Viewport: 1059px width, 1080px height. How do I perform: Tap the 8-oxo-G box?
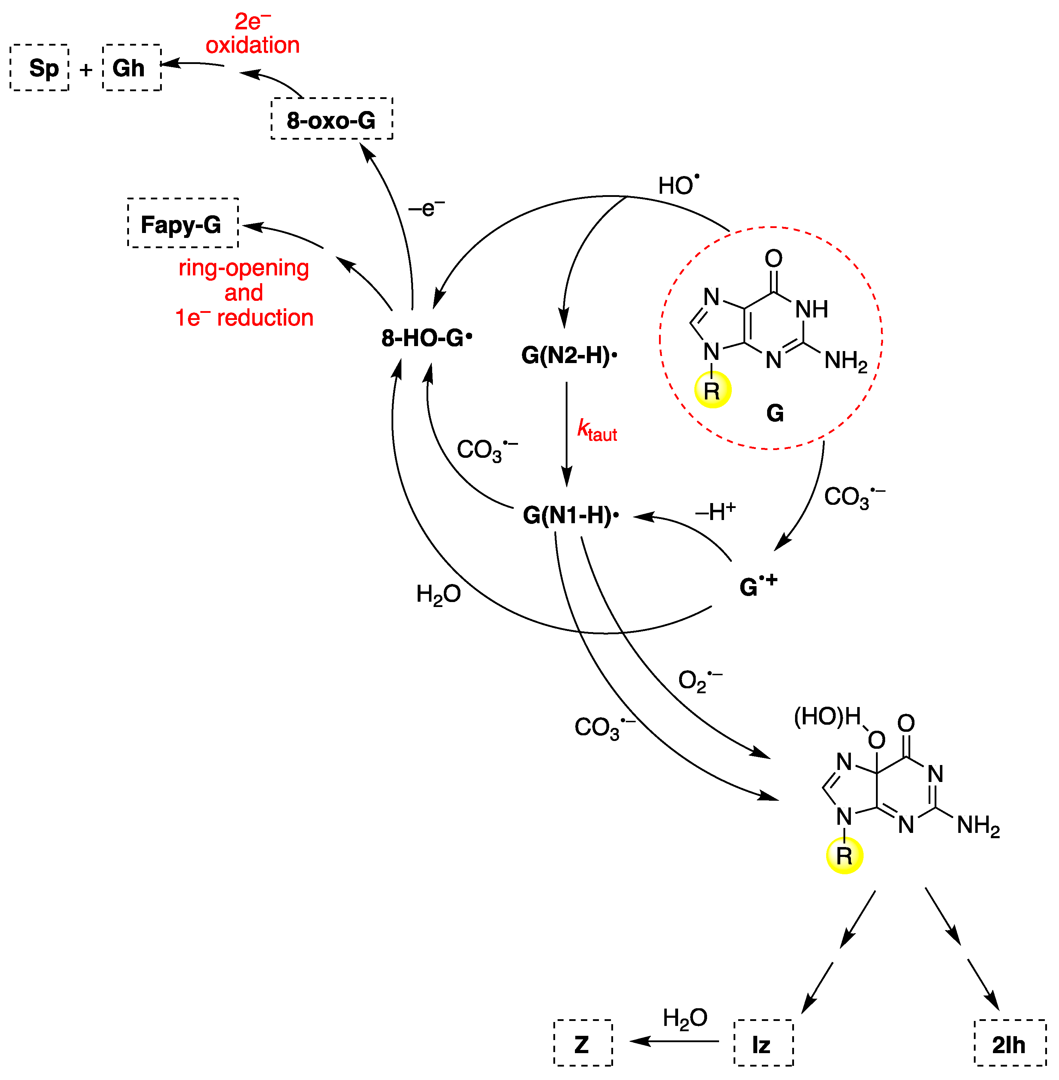coord(331,119)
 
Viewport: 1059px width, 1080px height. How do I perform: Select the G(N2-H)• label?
coord(569,355)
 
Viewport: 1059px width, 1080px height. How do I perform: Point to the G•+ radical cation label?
coord(758,586)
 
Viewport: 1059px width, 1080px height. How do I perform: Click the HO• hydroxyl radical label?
coord(678,185)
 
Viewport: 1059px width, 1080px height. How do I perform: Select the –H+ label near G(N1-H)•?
coord(715,511)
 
